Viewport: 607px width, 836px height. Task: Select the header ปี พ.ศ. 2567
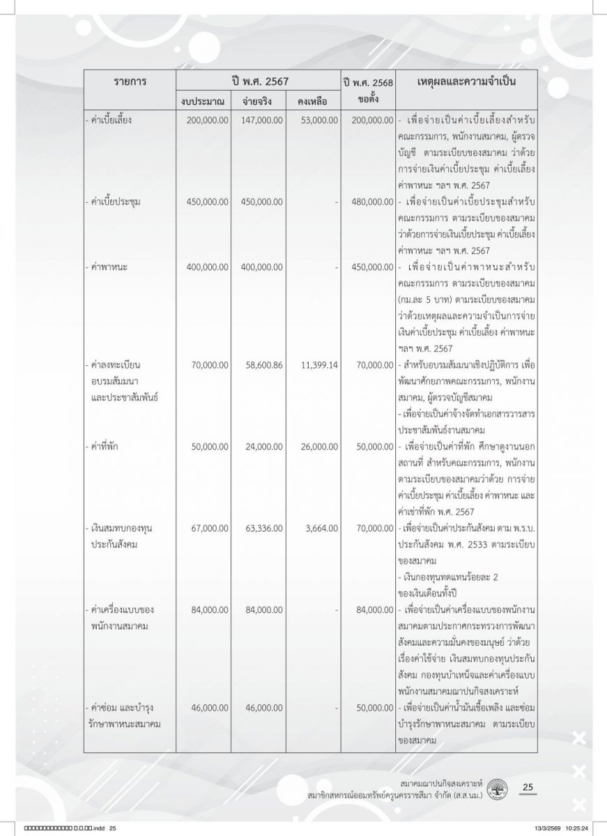(x=258, y=80)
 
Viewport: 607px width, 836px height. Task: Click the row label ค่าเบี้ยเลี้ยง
(x=107, y=120)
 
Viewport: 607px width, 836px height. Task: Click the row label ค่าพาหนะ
(x=102, y=266)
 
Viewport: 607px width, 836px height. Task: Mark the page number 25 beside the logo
(x=528, y=787)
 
